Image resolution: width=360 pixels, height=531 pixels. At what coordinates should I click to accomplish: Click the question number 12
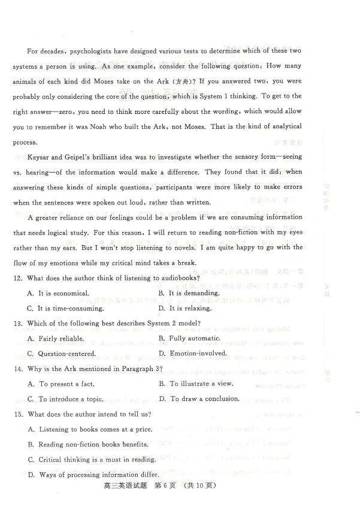point(17,278)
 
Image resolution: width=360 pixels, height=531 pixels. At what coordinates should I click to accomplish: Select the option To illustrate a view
point(197,384)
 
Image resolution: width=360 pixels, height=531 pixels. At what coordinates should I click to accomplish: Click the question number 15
point(17,414)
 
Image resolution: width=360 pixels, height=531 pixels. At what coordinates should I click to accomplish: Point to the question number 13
point(17,324)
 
